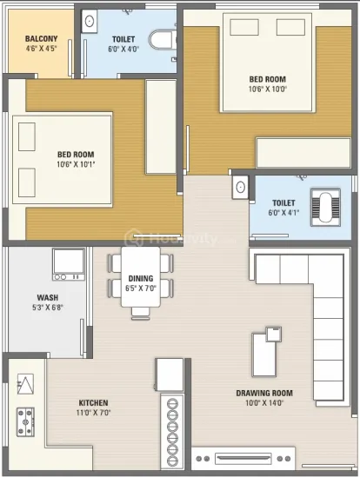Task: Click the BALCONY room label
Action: pyautogui.click(x=41, y=38)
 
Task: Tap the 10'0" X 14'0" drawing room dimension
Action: pyautogui.click(x=264, y=403)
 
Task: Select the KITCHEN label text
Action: pyautogui.click(x=93, y=403)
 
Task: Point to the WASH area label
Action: pyautogui.click(x=48, y=297)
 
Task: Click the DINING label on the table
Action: pyautogui.click(x=141, y=278)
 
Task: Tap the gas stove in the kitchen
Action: pyautogui.click(x=25, y=422)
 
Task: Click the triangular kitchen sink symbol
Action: pyautogui.click(x=25, y=384)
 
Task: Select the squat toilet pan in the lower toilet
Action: pyautogui.click(x=325, y=207)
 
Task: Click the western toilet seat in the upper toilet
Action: pyautogui.click(x=163, y=39)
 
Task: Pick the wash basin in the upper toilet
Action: pyautogui.click(x=90, y=21)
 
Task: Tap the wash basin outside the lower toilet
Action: pyautogui.click(x=240, y=187)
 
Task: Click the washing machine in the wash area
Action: pyautogui.click(x=69, y=264)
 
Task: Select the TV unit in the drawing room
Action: pyautogui.click(x=243, y=459)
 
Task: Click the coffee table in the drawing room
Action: pyautogui.click(x=264, y=354)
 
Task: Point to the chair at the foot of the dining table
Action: pyautogui.click(x=141, y=314)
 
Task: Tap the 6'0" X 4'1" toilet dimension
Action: pyautogui.click(x=283, y=213)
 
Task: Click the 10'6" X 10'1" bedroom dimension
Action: pyautogui.click(x=76, y=164)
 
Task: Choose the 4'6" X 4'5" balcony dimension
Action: pyautogui.click(x=42, y=49)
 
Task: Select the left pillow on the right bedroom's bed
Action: pyautogui.click(x=244, y=28)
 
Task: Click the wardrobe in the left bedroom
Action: pyautogui.click(x=161, y=127)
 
